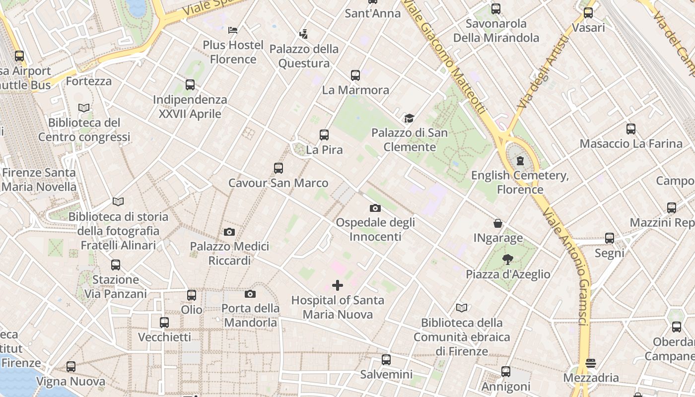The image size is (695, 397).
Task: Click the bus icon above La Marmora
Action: [355, 75]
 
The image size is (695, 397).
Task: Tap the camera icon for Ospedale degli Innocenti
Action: [375, 208]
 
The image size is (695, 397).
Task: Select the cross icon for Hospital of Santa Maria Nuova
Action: [338, 285]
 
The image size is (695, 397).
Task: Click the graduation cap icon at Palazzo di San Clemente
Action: [409, 118]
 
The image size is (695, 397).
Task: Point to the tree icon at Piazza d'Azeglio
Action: [507, 259]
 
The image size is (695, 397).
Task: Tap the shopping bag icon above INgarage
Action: [498, 224]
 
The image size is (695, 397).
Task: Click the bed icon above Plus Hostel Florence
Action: [233, 30]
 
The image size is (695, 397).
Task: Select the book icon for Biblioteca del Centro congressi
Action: [84, 108]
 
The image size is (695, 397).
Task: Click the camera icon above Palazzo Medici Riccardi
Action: [229, 232]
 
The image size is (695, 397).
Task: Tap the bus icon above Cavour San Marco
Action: [278, 168]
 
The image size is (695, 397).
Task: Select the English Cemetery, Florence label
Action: [520, 182]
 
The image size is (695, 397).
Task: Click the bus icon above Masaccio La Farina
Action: [631, 129]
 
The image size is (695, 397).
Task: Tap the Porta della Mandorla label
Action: [250, 315]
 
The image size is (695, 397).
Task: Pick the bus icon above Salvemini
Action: [386, 360]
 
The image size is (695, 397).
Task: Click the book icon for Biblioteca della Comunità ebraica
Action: [462, 308]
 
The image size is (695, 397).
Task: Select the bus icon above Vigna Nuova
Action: [71, 367]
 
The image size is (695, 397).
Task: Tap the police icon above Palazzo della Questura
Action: [303, 34]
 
